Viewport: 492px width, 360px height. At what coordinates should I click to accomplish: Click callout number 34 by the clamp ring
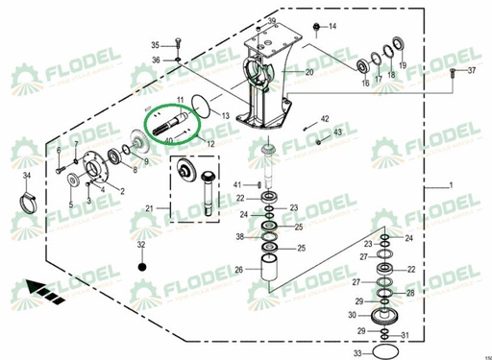point(27,177)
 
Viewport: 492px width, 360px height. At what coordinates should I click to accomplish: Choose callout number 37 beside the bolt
point(471,72)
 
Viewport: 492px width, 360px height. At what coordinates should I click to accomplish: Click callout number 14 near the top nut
point(333,26)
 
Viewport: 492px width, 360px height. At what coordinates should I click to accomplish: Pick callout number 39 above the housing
point(272,21)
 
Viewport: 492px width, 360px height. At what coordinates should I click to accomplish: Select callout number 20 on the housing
point(309,73)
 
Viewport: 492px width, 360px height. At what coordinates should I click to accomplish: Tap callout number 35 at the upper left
point(155,45)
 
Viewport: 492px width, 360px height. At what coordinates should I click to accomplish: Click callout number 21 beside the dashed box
point(149,208)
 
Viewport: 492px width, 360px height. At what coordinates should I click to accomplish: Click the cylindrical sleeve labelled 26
point(268,264)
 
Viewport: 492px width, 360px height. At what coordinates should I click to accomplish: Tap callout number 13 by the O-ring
point(224,115)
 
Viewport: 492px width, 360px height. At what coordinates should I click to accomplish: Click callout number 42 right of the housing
point(325,117)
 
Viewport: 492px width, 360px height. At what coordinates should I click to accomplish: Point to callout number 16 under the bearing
point(365,84)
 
